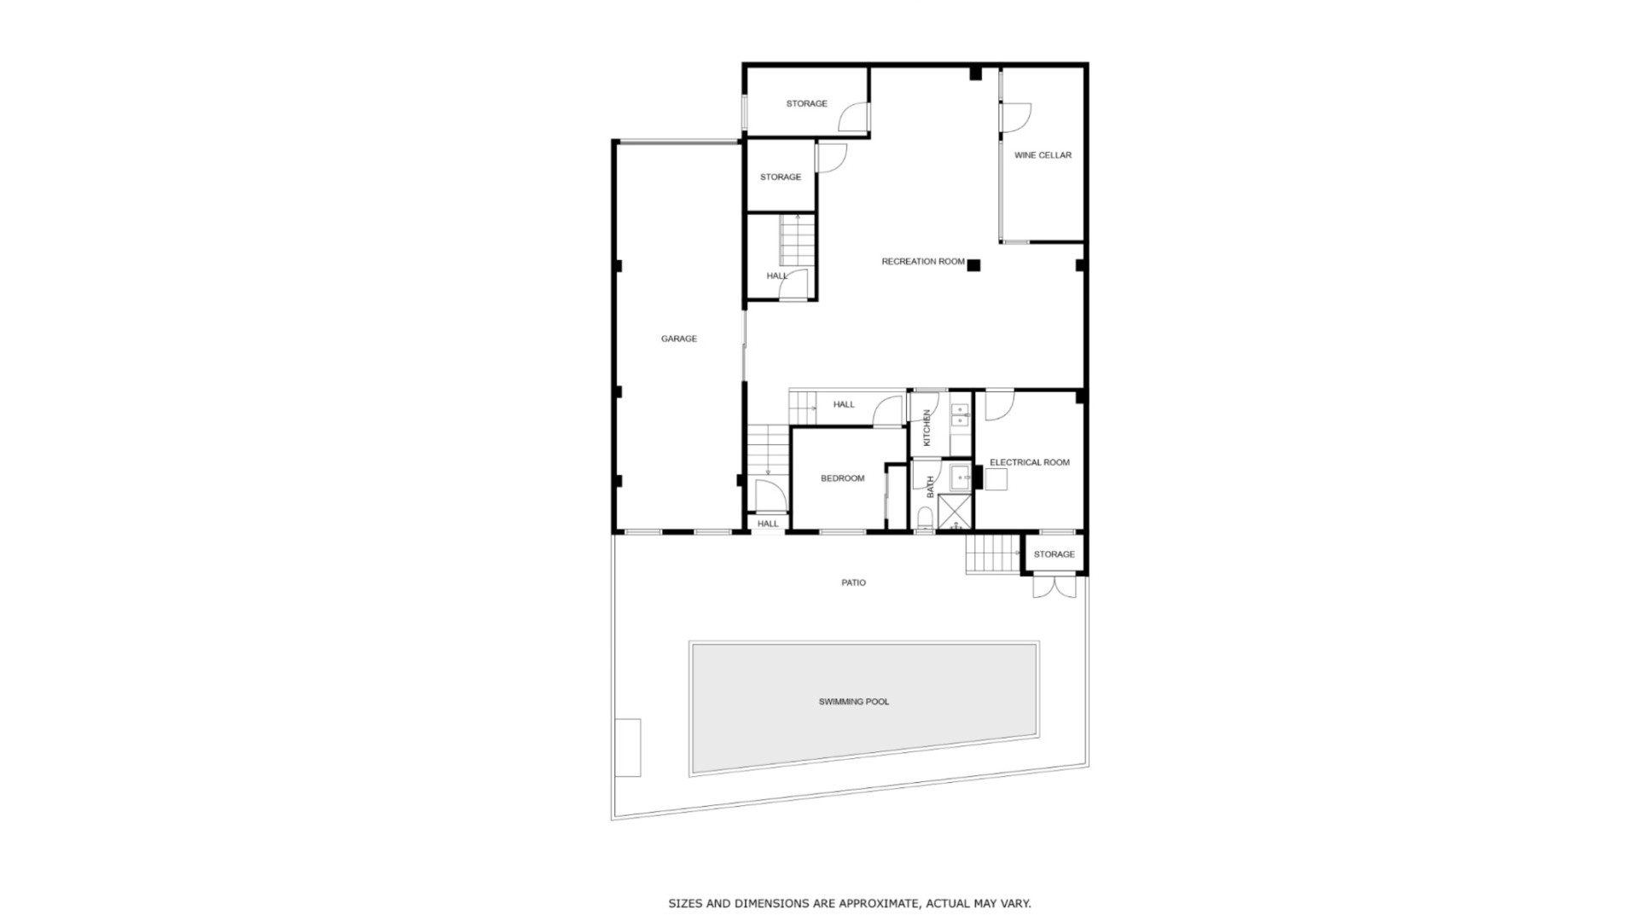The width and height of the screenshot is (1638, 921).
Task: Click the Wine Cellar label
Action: click(1043, 155)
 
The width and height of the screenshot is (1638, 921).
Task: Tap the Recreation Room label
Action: click(923, 262)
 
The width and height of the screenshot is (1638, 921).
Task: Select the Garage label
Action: click(679, 339)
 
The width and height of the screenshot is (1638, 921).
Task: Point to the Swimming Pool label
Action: click(854, 702)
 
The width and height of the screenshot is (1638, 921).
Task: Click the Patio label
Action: click(853, 582)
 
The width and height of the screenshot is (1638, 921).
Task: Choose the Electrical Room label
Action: click(1029, 462)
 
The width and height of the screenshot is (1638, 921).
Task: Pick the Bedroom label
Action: click(842, 478)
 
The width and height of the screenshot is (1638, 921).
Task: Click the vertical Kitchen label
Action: click(927, 427)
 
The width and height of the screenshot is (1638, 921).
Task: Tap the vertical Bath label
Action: click(931, 486)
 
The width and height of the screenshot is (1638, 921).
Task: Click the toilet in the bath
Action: click(925, 518)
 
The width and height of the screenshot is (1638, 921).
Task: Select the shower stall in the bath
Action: click(955, 511)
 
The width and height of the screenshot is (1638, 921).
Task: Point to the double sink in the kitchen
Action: click(961, 415)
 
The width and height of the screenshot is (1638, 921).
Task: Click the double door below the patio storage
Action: click(1054, 587)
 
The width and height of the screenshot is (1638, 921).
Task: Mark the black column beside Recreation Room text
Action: click(973, 265)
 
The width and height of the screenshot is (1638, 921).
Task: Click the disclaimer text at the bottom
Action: click(849, 903)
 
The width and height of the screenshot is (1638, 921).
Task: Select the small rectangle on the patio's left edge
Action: click(628, 748)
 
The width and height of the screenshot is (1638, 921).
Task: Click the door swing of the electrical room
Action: click(999, 405)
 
